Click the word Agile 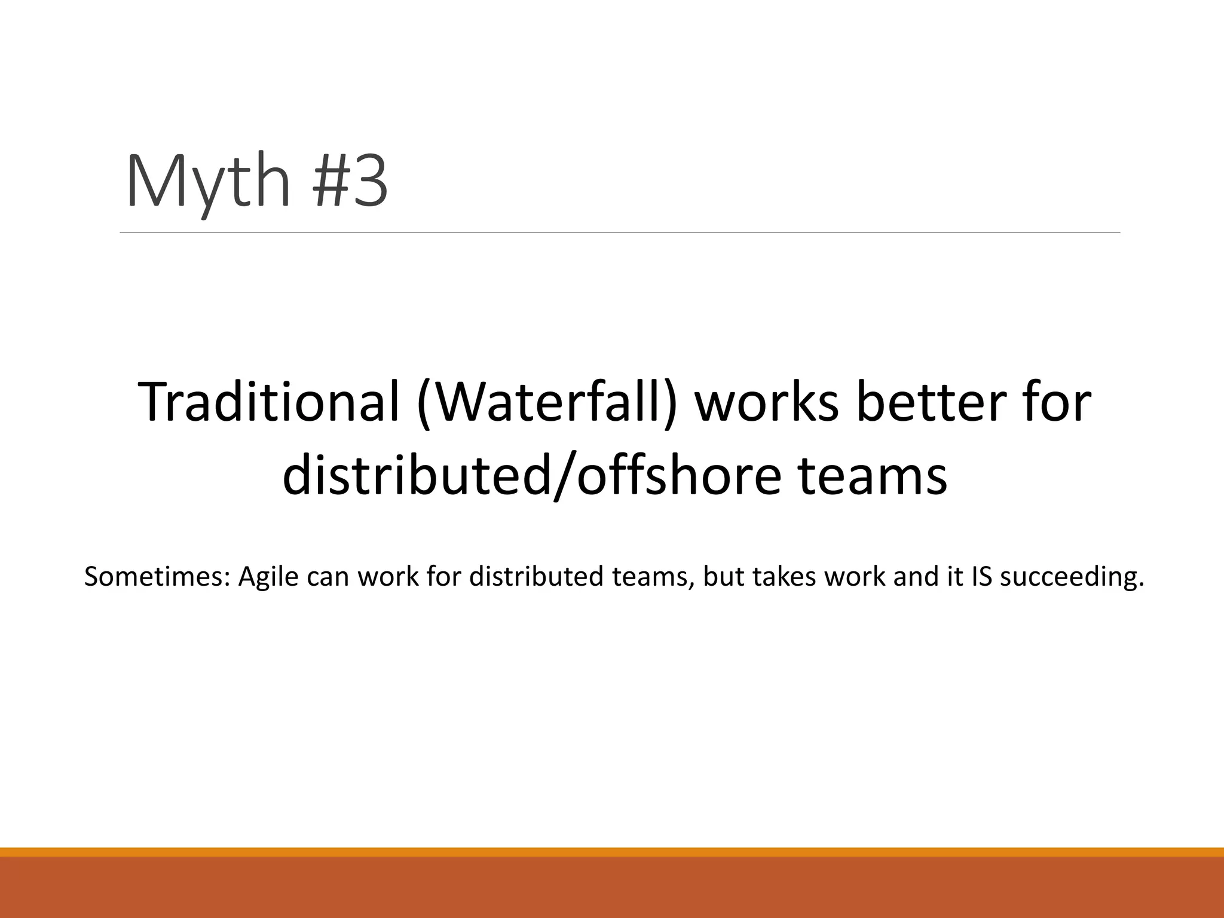click(x=268, y=577)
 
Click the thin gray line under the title click(x=619, y=232)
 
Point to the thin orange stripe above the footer click(x=612, y=852)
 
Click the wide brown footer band click(x=612, y=888)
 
